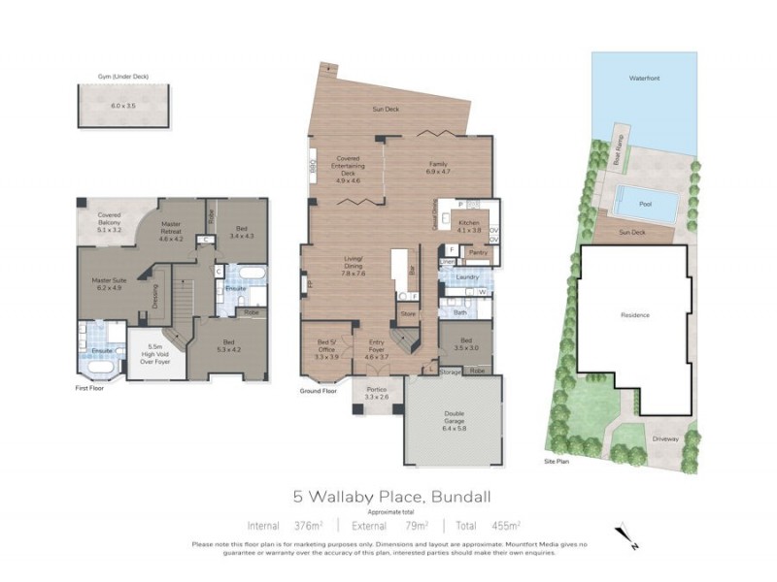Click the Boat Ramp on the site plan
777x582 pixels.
point(618,150)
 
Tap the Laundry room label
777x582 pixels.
point(465,276)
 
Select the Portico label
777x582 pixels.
point(376,393)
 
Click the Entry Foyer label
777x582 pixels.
point(376,350)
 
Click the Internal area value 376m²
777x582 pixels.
point(309,526)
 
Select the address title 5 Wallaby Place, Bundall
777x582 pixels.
point(388,496)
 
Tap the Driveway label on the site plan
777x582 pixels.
point(664,437)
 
